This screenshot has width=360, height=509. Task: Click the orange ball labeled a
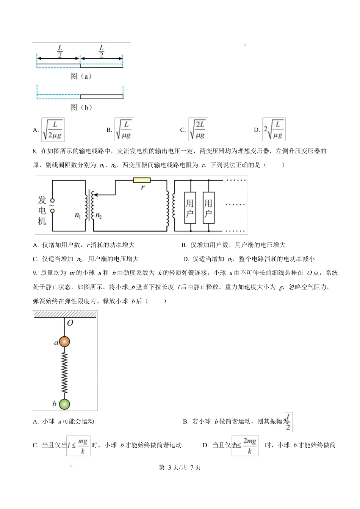tap(64, 342)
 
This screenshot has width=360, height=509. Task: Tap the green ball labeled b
tap(64, 404)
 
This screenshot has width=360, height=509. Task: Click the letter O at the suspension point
tap(70, 323)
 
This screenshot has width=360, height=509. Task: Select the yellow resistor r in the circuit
tap(142, 180)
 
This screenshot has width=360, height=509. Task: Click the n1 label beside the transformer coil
tap(78, 215)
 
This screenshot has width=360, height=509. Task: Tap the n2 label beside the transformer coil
tap(99, 215)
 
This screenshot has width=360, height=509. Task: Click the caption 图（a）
tap(81, 76)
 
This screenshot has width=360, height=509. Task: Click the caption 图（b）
tap(81, 107)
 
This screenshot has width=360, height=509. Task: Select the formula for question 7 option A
tap(53, 130)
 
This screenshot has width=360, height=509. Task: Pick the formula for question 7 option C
tap(198, 130)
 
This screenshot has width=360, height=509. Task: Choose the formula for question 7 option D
tap(274, 130)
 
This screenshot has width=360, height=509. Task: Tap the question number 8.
tap(34, 151)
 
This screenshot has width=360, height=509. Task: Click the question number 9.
tap(34, 273)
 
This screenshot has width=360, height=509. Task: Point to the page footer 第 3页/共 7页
tap(180, 467)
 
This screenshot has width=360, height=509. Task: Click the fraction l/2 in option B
tap(288, 422)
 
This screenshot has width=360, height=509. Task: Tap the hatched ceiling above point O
tap(65, 314)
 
